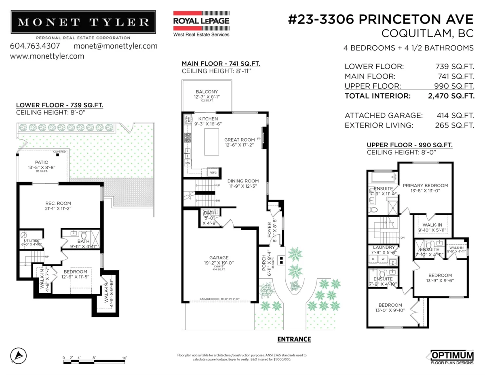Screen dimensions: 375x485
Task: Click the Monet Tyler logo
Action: point(83,23)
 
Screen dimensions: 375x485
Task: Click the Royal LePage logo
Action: point(201,23)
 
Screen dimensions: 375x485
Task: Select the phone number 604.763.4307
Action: point(35,46)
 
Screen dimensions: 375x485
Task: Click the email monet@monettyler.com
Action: point(116,46)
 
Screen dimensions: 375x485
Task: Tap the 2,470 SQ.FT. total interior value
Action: point(451,96)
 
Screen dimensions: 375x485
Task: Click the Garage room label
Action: point(219,258)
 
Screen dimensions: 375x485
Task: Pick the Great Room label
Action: point(240,140)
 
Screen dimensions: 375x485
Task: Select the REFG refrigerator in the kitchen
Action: point(213,172)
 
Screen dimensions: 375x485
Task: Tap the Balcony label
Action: point(207,92)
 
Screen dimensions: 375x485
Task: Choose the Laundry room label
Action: point(382,247)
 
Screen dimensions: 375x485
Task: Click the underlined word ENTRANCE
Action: point(294,339)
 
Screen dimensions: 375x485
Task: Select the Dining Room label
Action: point(242,181)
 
